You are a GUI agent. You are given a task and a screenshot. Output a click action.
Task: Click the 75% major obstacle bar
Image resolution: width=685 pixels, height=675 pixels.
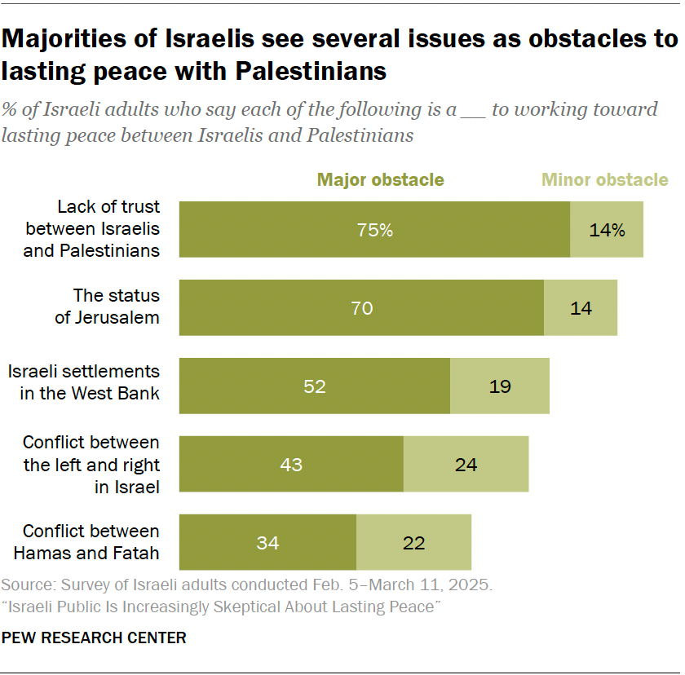click(374, 230)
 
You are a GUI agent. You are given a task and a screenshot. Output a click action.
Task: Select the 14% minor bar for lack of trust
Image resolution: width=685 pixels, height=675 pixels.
click(607, 230)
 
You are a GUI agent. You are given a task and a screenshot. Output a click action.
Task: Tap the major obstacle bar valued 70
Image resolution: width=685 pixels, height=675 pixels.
click(361, 308)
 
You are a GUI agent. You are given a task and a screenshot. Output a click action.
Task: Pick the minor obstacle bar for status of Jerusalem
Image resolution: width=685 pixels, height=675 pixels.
click(581, 308)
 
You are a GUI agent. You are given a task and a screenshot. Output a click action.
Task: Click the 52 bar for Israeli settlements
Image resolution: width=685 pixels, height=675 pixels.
click(315, 386)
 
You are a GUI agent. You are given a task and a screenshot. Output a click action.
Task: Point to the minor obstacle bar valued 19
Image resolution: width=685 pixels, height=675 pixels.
click(500, 386)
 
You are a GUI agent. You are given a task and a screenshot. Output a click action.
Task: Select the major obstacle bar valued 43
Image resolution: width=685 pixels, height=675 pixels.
click(291, 465)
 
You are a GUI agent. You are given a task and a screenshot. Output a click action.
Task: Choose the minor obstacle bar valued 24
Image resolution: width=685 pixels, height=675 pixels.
click(466, 465)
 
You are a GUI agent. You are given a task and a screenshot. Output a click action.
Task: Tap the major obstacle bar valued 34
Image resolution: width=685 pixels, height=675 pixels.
click(267, 543)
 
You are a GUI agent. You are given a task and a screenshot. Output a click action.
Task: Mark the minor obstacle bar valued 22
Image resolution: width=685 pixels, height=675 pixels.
click(414, 543)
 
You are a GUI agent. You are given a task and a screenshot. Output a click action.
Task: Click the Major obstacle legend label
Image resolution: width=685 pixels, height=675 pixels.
click(381, 180)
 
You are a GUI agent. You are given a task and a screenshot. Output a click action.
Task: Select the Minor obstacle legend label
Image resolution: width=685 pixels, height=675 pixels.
click(605, 180)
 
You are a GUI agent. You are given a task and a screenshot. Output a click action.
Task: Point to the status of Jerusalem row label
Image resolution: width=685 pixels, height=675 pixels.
click(107, 307)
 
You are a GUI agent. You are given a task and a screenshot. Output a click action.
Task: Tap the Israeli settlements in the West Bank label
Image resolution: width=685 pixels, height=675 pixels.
click(84, 382)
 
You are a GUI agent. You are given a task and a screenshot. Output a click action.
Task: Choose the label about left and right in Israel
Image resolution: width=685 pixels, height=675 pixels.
click(91, 465)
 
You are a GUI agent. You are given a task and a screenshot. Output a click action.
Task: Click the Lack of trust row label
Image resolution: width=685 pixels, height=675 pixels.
click(91, 229)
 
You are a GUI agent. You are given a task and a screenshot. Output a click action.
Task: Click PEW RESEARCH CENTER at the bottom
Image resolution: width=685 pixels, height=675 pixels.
click(94, 637)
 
